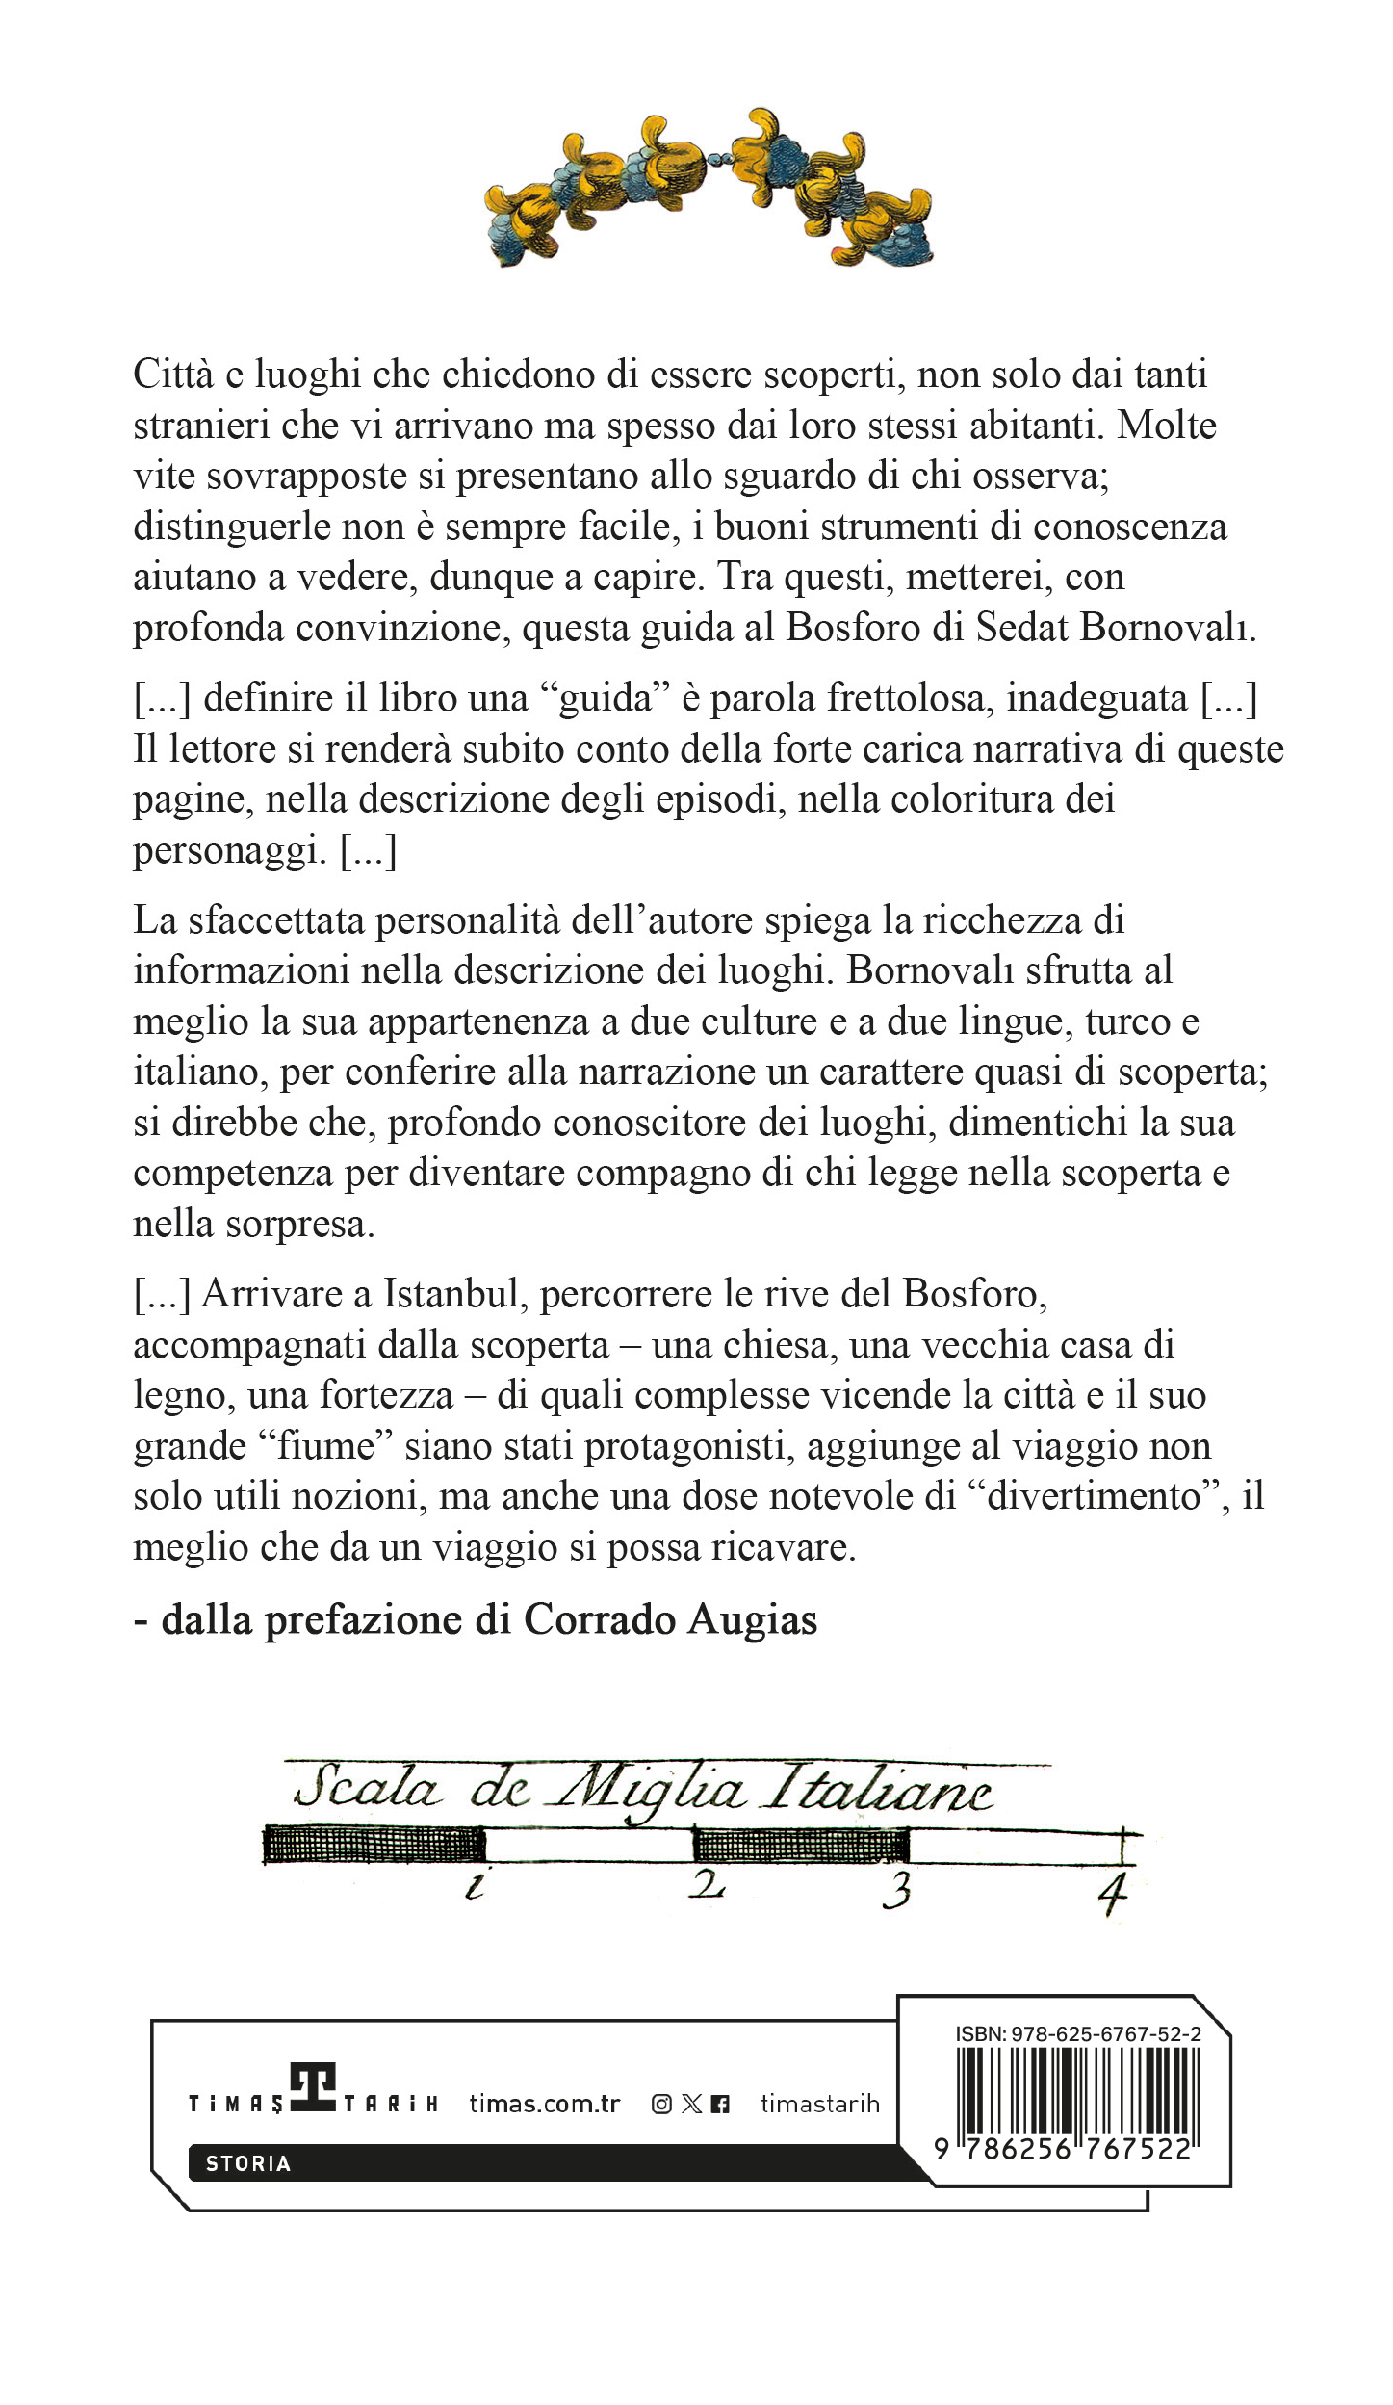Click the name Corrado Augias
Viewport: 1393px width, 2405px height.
click(670, 1620)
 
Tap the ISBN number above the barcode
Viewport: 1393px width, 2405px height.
click(1077, 2034)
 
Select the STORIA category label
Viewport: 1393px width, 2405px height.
click(248, 2163)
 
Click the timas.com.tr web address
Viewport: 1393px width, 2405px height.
click(545, 2104)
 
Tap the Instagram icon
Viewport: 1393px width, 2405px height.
click(661, 2105)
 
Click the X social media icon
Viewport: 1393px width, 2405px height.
click(691, 2105)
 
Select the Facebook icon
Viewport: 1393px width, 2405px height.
click(720, 2105)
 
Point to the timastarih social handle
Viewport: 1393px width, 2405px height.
click(820, 2105)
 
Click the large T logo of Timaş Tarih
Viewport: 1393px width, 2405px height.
click(313, 2088)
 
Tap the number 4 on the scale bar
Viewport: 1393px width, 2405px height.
click(1113, 1895)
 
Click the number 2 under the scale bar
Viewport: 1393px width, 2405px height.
click(708, 1884)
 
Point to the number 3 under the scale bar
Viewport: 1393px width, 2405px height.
click(897, 1891)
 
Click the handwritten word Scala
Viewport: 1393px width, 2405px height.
click(367, 1789)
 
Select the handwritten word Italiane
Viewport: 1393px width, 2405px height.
click(877, 1791)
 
